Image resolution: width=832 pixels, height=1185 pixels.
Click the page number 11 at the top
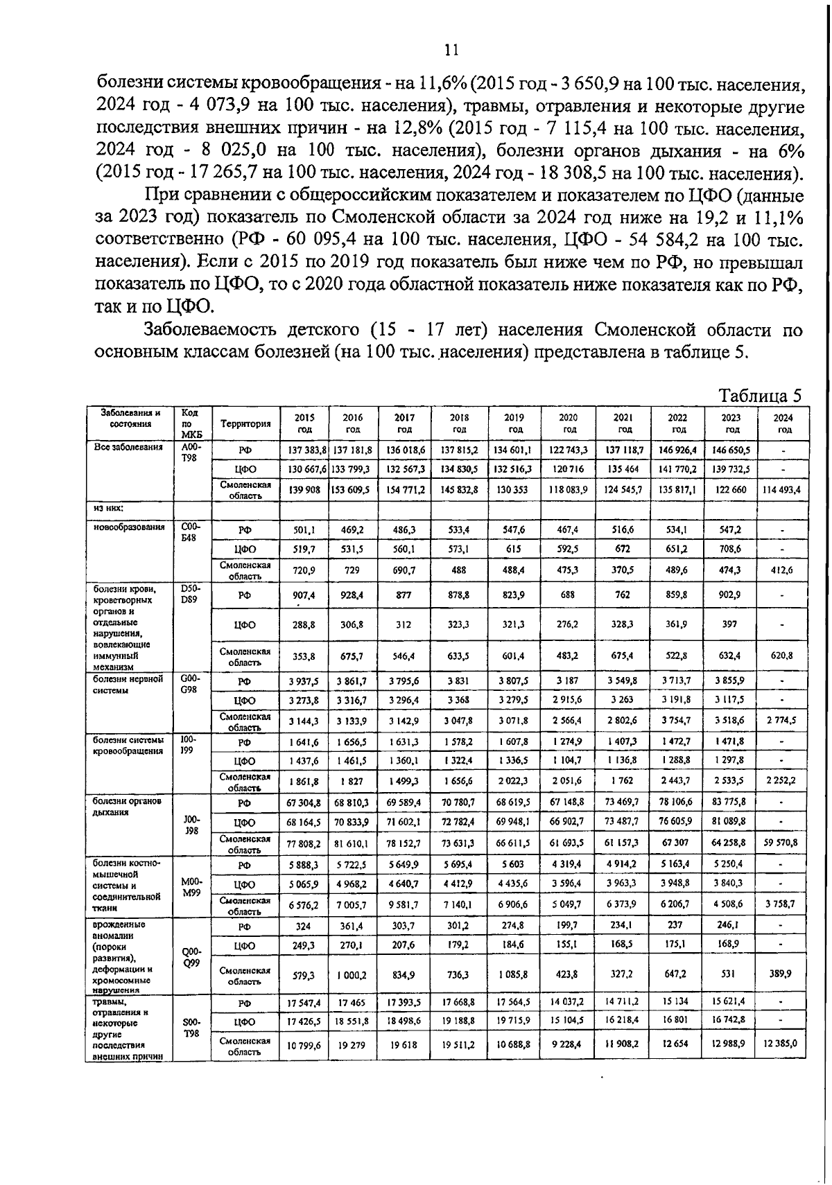pyautogui.click(x=451, y=50)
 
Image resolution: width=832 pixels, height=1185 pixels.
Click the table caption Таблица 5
pyautogui.click(x=759, y=396)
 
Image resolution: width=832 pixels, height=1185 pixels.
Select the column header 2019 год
pyautogui.click(x=514, y=423)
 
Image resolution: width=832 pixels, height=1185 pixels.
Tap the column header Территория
pyautogui.click(x=245, y=423)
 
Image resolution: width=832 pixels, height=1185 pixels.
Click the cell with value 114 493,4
pyautogui.click(x=780, y=490)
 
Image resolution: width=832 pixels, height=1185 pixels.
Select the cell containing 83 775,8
pyautogui.click(x=729, y=802)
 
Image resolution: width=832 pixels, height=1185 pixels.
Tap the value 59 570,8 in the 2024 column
pyautogui.click(x=780, y=843)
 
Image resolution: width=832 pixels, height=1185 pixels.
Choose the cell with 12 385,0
pyautogui.click(x=780, y=1043)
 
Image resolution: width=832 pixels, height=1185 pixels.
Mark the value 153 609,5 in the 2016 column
pyautogui.click(x=352, y=490)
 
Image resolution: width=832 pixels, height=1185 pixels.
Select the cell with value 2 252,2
pyautogui.click(x=780, y=781)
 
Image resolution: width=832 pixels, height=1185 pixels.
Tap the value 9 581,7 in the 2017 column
pyautogui.click(x=404, y=904)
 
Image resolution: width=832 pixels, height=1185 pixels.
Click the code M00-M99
pyautogui.click(x=191, y=887)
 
